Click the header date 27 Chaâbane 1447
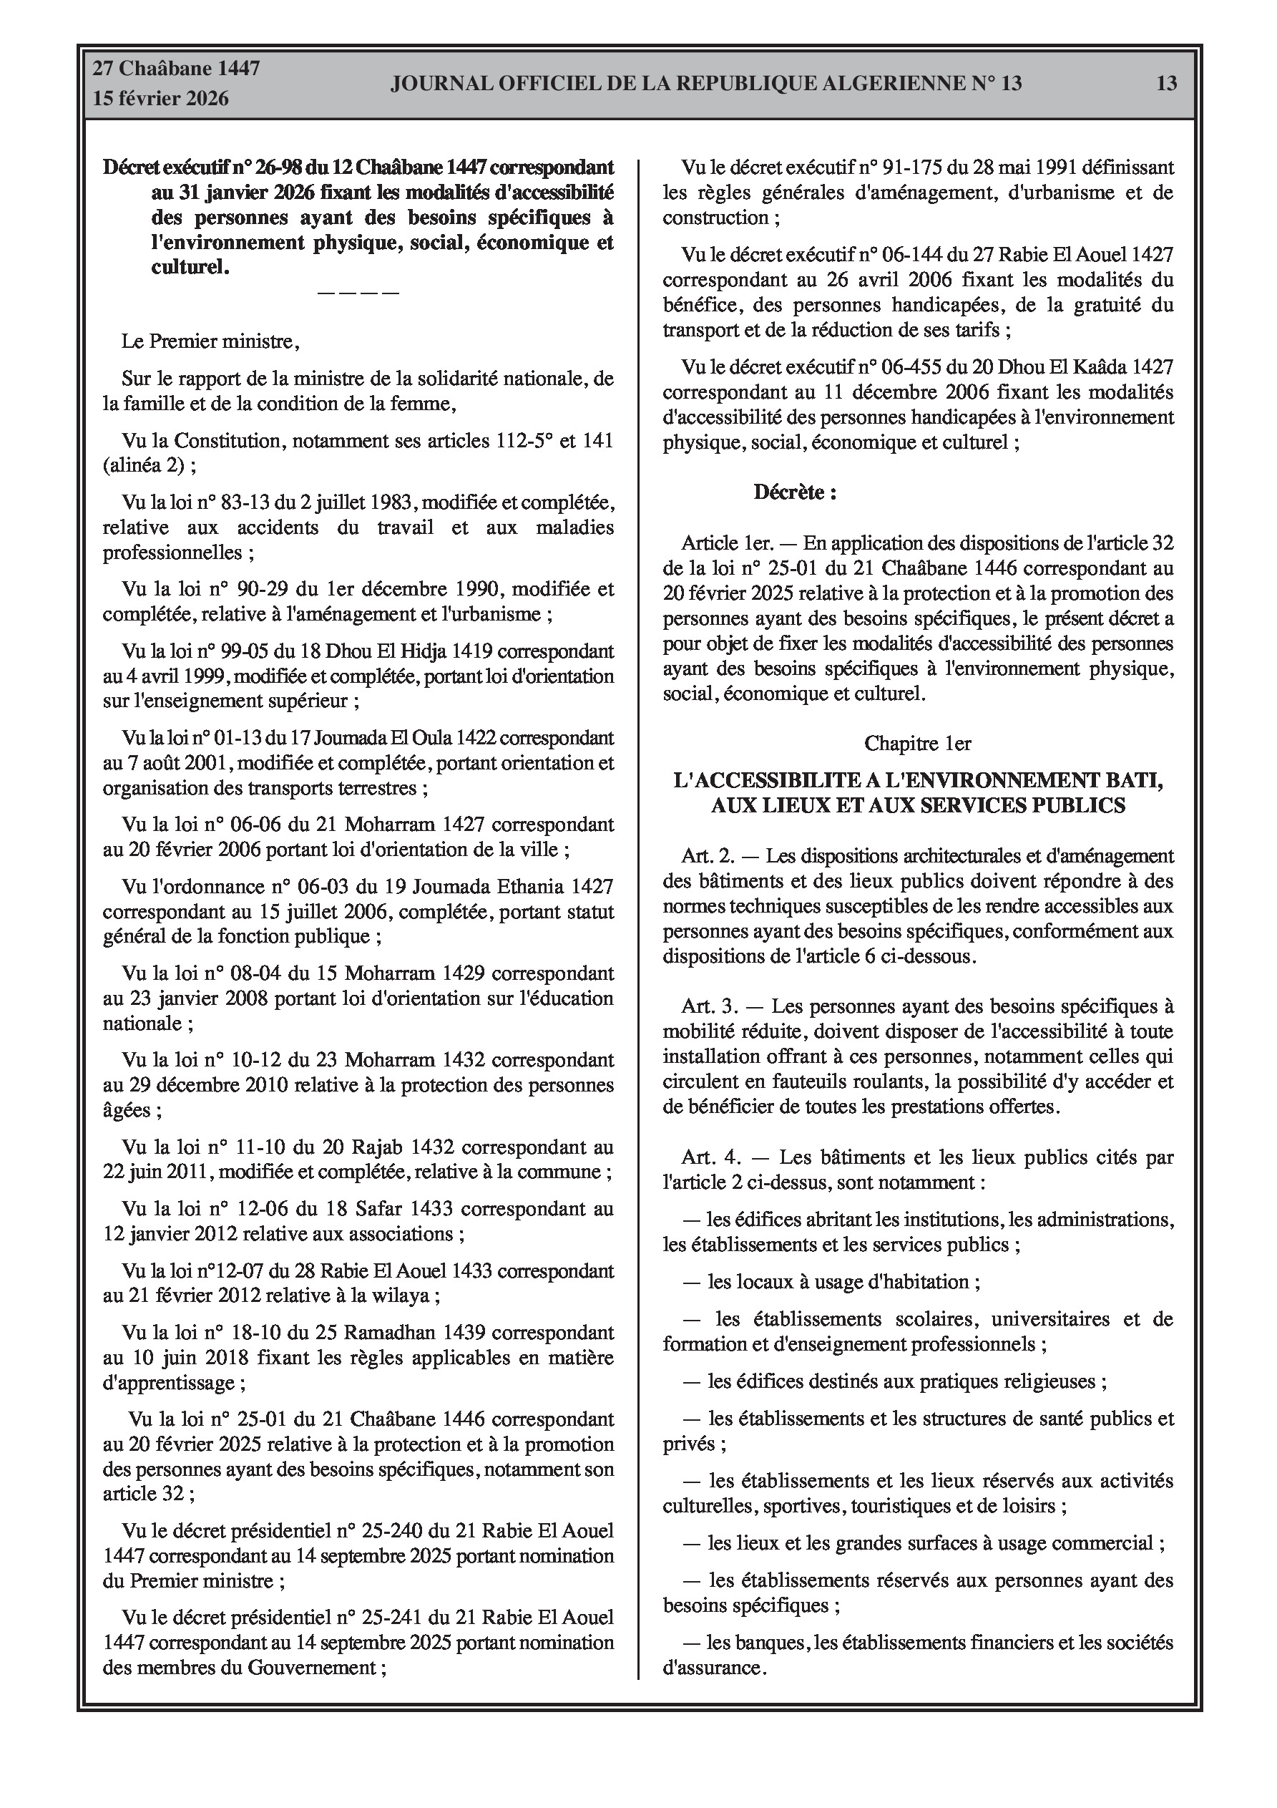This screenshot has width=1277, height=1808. coord(177,69)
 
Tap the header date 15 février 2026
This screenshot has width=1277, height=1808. coord(161,99)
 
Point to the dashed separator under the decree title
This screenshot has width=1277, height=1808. coord(358,293)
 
